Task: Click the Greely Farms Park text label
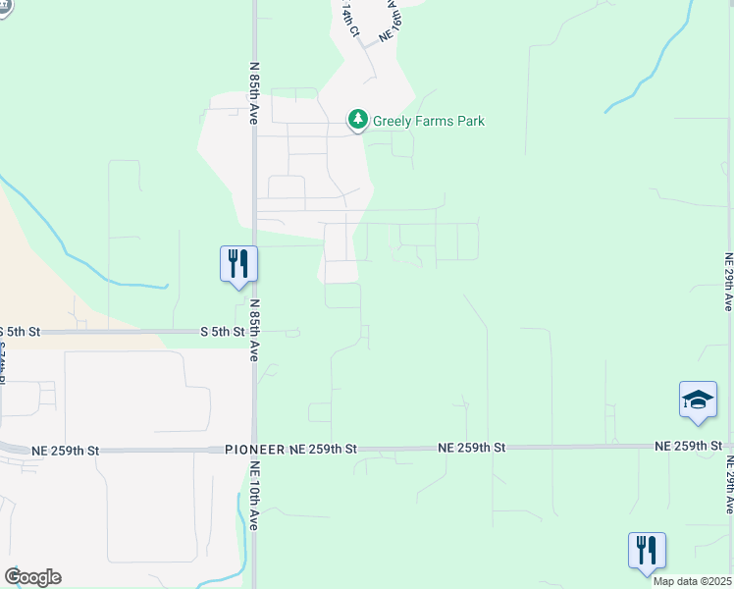[428, 122]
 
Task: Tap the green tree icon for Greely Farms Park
[358, 121]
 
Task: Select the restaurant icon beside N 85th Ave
[237, 264]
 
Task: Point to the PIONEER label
[254, 449]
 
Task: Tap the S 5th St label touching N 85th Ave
[222, 332]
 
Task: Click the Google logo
[32, 577]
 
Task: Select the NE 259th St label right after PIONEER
[324, 449]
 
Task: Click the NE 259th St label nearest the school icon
[688, 447]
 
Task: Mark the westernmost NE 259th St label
[66, 451]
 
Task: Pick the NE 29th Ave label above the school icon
[727, 282]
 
